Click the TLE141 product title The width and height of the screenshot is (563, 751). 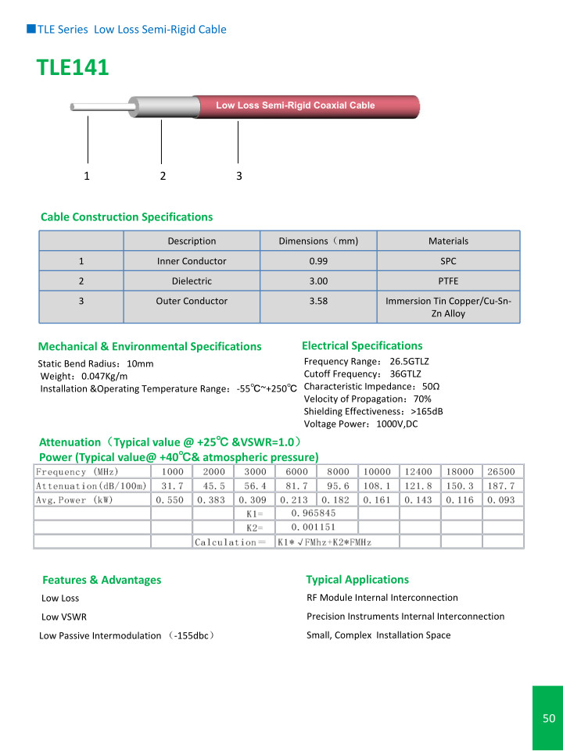(x=73, y=69)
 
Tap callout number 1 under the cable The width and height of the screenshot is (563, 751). (x=87, y=176)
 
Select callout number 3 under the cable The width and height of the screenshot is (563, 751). (x=239, y=176)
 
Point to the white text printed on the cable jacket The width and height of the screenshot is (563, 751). (x=295, y=105)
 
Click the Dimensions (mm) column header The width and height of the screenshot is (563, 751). (x=318, y=241)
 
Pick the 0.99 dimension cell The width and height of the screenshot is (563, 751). (x=318, y=261)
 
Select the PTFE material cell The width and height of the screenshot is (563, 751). (x=448, y=281)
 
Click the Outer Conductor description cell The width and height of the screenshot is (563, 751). (x=192, y=301)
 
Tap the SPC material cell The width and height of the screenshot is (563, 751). (x=448, y=261)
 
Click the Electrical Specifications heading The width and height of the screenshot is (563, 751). (x=362, y=345)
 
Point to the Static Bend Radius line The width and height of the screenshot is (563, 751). (x=96, y=364)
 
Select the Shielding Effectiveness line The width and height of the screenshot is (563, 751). (x=373, y=411)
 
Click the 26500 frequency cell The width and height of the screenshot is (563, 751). (x=502, y=472)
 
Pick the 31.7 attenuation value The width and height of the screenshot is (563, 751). (x=172, y=486)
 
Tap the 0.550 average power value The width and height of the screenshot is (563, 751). (x=171, y=500)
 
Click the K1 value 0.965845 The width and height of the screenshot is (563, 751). (x=313, y=513)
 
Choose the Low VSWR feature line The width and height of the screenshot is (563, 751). (x=64, y=617)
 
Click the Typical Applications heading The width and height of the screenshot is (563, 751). (x=357, y=580)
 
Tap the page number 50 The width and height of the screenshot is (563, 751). (x=548, y=718)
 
